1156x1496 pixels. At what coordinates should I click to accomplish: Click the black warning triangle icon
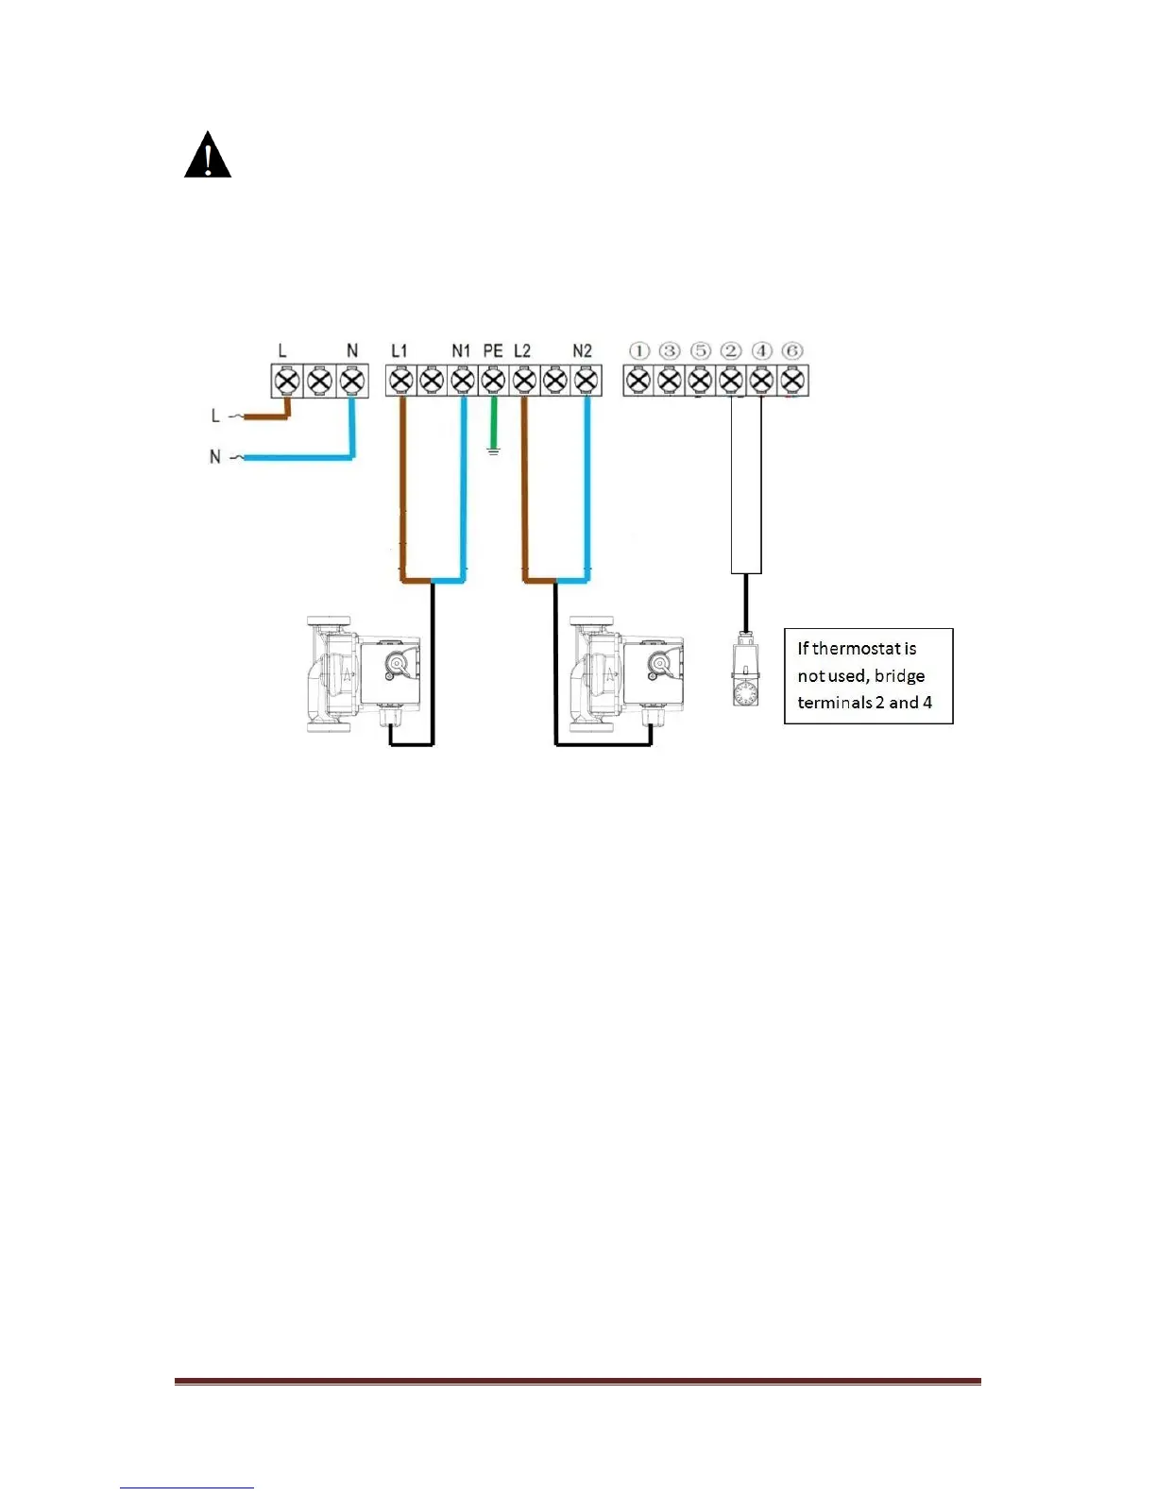(x=208, y=157)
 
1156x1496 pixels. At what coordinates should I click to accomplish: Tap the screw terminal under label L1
(x=400, y=382)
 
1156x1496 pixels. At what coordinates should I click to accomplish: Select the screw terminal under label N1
(x=462, y=382)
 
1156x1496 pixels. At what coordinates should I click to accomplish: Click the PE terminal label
(x=493, y=351)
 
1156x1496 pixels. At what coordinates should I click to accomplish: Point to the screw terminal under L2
(x=524, y=382)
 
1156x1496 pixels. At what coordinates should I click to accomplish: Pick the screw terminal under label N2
(x=586, y=382)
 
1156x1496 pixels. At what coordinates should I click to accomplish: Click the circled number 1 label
(x=639, y=351)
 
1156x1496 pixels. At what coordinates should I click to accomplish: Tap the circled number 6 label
(x=792, y=351)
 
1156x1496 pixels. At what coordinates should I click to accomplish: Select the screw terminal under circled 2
(x=730, y=382)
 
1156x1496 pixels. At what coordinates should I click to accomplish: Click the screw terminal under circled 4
(x=761, y=382)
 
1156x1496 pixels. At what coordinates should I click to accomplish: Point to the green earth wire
(x=492, y=420)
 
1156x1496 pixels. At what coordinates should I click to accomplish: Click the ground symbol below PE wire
(x=492, y=451)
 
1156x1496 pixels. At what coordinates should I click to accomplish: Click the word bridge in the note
(x=899, y=676)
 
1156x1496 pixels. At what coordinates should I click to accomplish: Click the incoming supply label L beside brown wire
(x=215, y=416)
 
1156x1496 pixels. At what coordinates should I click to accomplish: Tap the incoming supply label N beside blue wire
(x=215, y=457)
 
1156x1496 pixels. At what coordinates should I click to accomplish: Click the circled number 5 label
(x=700, y=351)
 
